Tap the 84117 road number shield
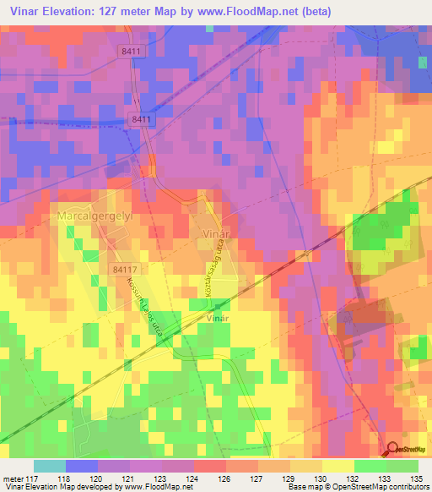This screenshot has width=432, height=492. point(124,269)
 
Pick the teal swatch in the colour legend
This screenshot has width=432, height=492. point(50,466)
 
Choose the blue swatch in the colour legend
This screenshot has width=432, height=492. point(82,466)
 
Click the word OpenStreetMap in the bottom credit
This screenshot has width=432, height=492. point(347,487)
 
